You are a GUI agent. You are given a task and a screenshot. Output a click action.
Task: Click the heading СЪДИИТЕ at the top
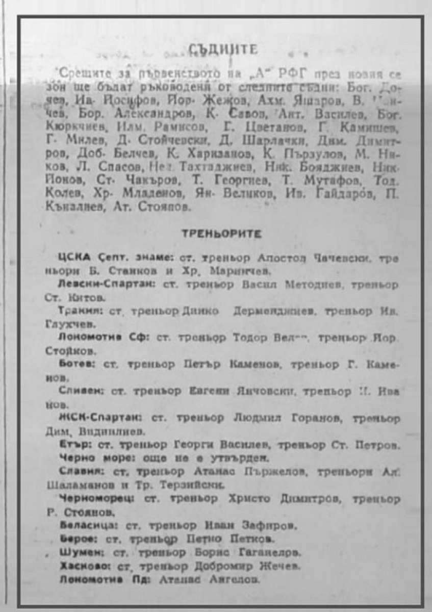[223, 49]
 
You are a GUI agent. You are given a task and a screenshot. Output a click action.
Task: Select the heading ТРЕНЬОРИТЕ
[222, 234]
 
